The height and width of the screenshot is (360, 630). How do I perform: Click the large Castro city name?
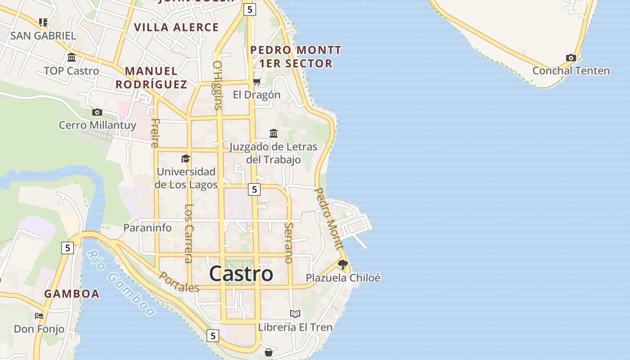pos(241,274)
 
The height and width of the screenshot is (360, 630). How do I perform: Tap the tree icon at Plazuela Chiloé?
pos(343,265)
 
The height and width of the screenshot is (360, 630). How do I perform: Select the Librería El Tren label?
pos(295,327)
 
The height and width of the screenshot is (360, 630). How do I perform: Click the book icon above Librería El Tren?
pos(295,314)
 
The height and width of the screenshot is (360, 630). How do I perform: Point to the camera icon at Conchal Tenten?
pos(571,58)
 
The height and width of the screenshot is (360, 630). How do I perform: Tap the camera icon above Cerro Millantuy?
pos(97,112)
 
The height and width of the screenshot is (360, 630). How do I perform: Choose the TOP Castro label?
pos(71,71)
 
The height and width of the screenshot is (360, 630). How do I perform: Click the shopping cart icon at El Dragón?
pos(256,81)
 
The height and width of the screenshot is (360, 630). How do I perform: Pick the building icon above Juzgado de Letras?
pos(273,133)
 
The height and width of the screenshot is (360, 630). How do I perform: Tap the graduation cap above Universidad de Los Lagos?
pos(185,158)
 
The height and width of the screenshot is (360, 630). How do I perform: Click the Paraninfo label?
pos(148,228)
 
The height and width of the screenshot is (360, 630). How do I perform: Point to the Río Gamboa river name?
pos(121,283)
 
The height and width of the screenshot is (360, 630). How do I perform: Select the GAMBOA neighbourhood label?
pos(72,294)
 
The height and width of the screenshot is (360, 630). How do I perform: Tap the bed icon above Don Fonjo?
pos(39,316)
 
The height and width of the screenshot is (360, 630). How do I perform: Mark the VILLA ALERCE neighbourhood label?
pos(176,27)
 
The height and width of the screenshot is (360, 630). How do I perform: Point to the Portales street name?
pos(179,282)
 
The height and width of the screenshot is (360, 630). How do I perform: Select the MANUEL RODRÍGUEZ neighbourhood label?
pos(151,77)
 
